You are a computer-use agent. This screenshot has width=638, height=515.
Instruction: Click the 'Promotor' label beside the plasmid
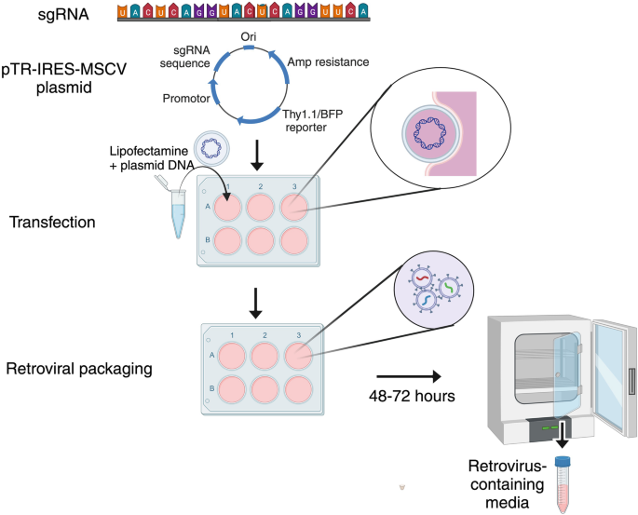click(185, 97)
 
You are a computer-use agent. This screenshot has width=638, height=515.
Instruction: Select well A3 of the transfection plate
click(299, 207)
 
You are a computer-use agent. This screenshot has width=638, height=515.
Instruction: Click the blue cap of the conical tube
click(561, 461)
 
